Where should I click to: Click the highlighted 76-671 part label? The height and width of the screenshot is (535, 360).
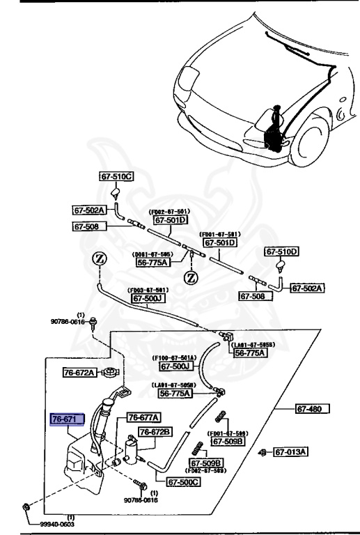pos(67,419)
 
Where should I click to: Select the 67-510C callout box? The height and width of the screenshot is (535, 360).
pos(116,177)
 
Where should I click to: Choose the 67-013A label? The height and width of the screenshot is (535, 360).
pos(290,452)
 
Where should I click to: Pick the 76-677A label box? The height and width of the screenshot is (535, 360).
pos(143,417)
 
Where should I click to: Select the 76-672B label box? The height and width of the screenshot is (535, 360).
pos(155,432)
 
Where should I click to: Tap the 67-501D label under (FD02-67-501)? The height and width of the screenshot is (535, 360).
pos(171,220)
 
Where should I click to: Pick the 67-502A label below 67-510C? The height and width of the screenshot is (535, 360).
pos(89,209)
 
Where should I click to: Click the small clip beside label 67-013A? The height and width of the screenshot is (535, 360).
pos(261,452)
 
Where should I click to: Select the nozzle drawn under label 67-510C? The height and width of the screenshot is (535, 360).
pos(116,192)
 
